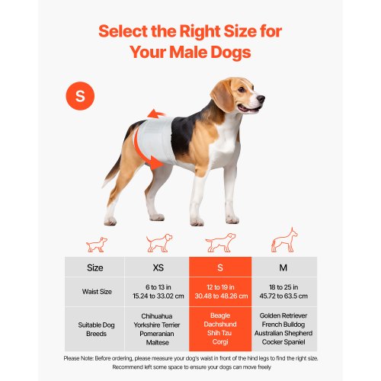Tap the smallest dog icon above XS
pyautogui.click(x=96, y=245)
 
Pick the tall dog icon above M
pyautogui.click(x=283, y=241)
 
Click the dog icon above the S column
pyautogui.click(x=220, y=243)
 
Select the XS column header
pyautogui.click(x=158, y=267)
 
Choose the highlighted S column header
pyautogui.click(x=220, y=267)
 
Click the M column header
pyautogui.click(x=283, y=267)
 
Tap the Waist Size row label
pyautogui.click(x=96, y=291)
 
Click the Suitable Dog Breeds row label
pyautogui.click(x=96, y=328)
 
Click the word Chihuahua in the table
pyautogui.click(x=158, y=315)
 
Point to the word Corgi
pyautogui.click(x=220, y=342)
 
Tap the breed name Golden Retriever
pyautogui.click(x=283, y=315)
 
